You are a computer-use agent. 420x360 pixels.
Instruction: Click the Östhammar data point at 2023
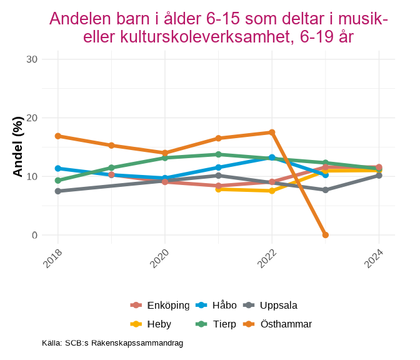[x=326, y=235]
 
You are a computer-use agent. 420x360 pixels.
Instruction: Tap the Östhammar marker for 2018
[x=57, y=136]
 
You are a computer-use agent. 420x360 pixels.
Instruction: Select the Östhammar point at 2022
[x=272, y=132]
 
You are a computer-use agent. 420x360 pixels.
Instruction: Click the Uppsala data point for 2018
[x=57, y=191]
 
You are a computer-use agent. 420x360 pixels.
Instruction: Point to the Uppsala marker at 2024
[x=379, y=176]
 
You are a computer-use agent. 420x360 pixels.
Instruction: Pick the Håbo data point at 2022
[x=272, y=157]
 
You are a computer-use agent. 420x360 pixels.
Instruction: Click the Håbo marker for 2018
[x=57, y=168]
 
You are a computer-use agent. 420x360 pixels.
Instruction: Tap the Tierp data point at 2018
[x=57, y=181]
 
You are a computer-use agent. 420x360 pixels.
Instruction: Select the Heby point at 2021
[x=218, y=189]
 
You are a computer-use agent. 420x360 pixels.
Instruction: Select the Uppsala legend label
[x=278, y=306]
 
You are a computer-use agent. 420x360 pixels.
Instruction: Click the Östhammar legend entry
[x=286, y=324]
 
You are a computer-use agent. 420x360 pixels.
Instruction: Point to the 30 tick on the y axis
[x=32, y=59]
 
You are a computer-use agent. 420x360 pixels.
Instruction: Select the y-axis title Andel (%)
[x=18, y=147]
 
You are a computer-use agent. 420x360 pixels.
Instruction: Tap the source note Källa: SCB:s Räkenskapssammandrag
[x=112, y=343]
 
